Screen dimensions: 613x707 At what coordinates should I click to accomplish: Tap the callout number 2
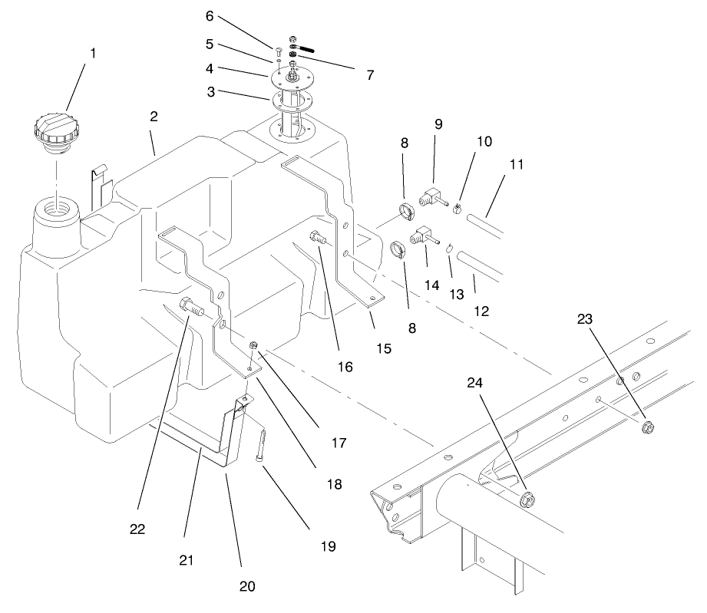click(x=154, y=117)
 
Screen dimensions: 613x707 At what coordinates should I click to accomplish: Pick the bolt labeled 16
click(x=317, y=239)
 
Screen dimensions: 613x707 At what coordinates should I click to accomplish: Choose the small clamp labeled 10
click(x=458, y=206)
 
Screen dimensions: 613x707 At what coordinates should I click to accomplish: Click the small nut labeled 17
click(x=253, y=345)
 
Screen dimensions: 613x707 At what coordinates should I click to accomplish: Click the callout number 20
click(x=246, y=587)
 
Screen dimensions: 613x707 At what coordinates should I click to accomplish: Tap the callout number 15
click(x=384, y=348)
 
